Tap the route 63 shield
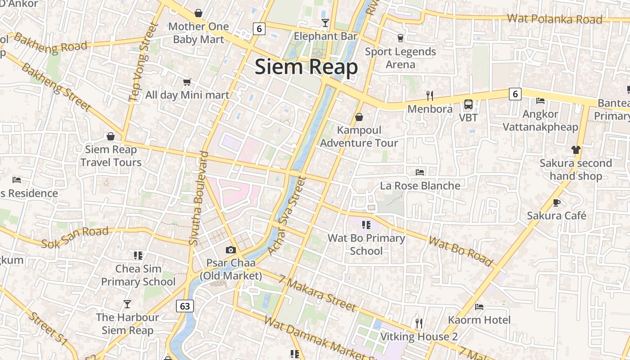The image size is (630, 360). click(185, 306)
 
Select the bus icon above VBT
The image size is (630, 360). click(468, 104)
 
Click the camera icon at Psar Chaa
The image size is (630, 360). click(231, 250)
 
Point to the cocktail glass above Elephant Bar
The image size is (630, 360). click(325, 23)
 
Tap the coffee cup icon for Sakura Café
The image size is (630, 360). click(557, 202)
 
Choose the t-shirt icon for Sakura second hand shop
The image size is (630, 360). click(576, 149)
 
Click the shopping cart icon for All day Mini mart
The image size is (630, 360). click(187, 82)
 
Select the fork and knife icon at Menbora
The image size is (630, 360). click(430, 95)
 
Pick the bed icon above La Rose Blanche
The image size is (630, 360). click(420, 172)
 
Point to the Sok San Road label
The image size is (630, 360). click(75, 238)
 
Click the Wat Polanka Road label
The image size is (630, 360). click(554, 19)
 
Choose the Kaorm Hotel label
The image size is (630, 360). click(479, 320)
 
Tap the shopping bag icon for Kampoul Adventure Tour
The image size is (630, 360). click(359, 117)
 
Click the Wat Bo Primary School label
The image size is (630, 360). click(366, 244)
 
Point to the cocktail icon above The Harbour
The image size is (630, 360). click(127, 304)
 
